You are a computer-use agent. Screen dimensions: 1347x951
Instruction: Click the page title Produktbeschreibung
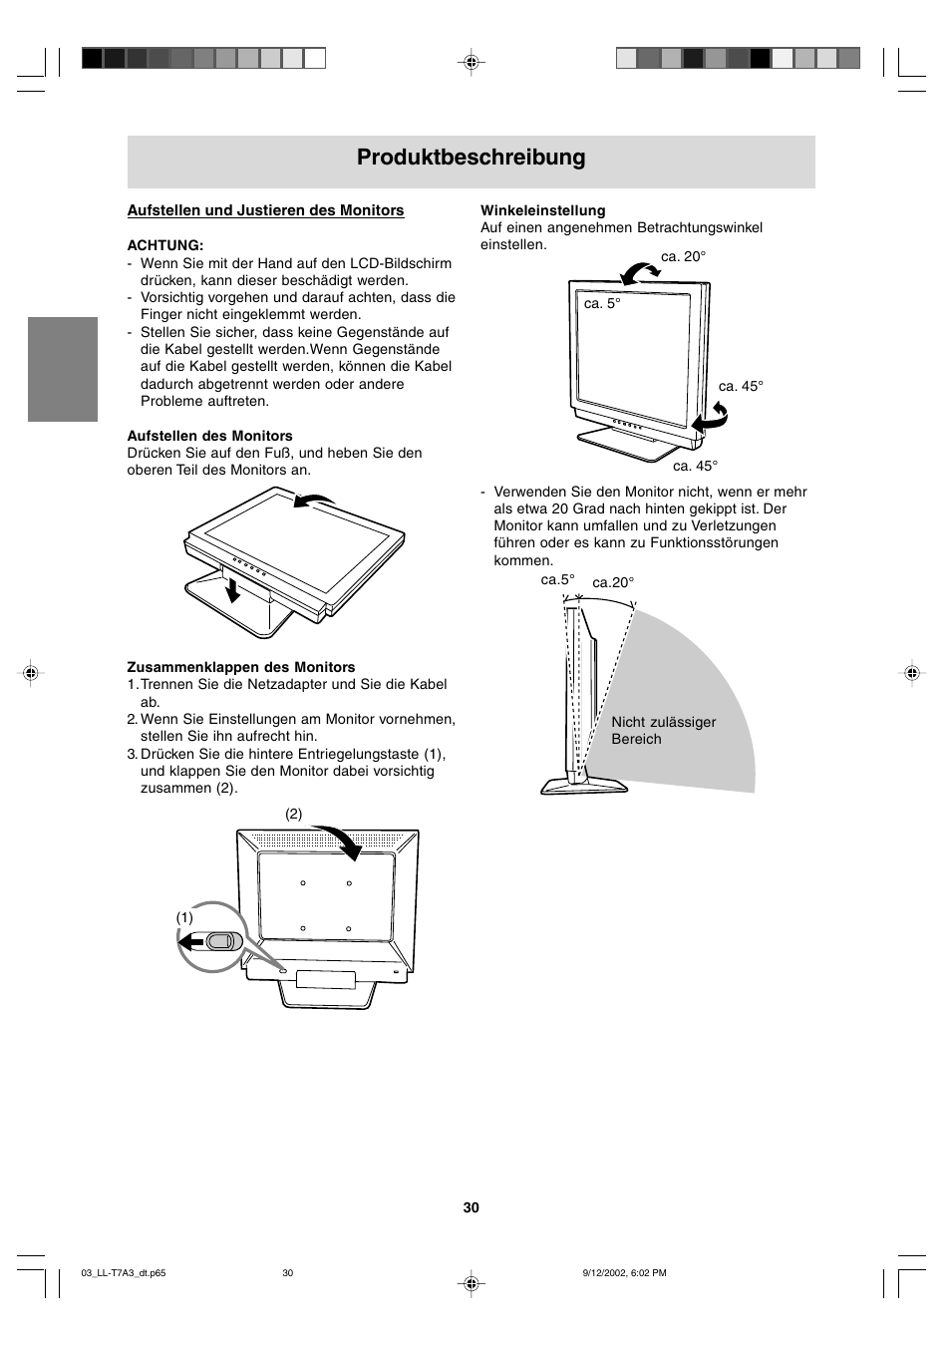pyautogui.click(x=471, y=158)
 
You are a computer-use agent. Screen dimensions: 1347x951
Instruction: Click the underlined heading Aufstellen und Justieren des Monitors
pyautogui.click(x=265, y=210)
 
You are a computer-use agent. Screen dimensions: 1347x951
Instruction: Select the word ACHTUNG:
pyautogui.click(x=165, y=245)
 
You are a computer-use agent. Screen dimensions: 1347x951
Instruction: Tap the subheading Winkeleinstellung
pyautogui.click(x=542, y=210)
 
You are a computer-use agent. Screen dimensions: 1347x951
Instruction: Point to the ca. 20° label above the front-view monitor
pyautogui.click(x=683, y=257)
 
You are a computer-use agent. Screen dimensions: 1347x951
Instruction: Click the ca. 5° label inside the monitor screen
pyautogui.click(x=602, y=303)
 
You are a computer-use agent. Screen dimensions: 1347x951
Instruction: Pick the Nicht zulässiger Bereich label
pyautogui.click(x=663, y=731)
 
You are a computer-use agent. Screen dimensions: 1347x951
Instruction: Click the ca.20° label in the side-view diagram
pyautogui.click(x=613, y=582)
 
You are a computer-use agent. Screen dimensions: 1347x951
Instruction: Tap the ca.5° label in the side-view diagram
pyautogui.click(x=557, y=579)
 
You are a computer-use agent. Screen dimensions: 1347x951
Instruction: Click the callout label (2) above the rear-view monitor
pyautogui.click(x=294, y=814)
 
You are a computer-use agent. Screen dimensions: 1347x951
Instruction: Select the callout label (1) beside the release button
pyautogui.click(x=185, y=917)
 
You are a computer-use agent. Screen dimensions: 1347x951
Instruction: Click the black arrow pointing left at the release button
pyautogui.click(x=191, y=941)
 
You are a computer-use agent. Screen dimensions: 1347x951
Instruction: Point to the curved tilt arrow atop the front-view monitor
pyautogui.click(x=638, y=268)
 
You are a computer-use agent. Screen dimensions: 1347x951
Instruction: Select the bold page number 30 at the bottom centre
pyautogui.click(x=472, y=1207)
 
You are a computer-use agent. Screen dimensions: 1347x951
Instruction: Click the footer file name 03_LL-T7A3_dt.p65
pyautogui.click(x=122, y=1273)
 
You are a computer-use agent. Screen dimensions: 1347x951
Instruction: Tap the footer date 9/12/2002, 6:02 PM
pyautogui.click(x=624, y=1273)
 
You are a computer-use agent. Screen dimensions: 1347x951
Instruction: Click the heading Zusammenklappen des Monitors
pyautogui.click(x=241, y=667)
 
